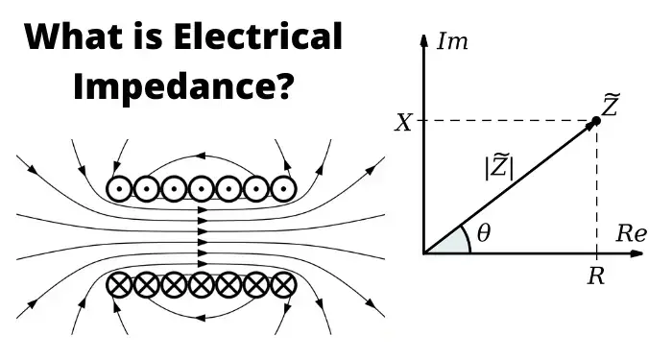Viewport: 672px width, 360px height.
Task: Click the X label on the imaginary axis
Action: pyautogui.click(x=406, y=121)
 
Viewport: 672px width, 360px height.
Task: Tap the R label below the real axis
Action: pyautogui.click(x=596, y=276)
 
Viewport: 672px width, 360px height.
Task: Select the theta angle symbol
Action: pyautogui.click(x=482, y=234)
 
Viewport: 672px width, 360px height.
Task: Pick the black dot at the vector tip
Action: pyautogui.click(x=596, y=121)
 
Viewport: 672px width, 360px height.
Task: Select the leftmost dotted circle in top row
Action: pyautogui.click(x=120, y=186)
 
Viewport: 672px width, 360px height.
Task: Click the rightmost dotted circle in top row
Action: pyautogui.click(x=281, y=186)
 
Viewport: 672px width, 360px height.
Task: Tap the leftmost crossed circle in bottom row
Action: pyautogui.click(x=120, y=285)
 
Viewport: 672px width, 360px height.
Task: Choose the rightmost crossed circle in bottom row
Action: pyautogui.click(x=281, y=285)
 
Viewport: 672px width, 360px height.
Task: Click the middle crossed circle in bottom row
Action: pyautogui.click(x=201, y=285)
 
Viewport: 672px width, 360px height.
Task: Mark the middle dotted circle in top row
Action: pyautogui.click(x=201, y=186)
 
